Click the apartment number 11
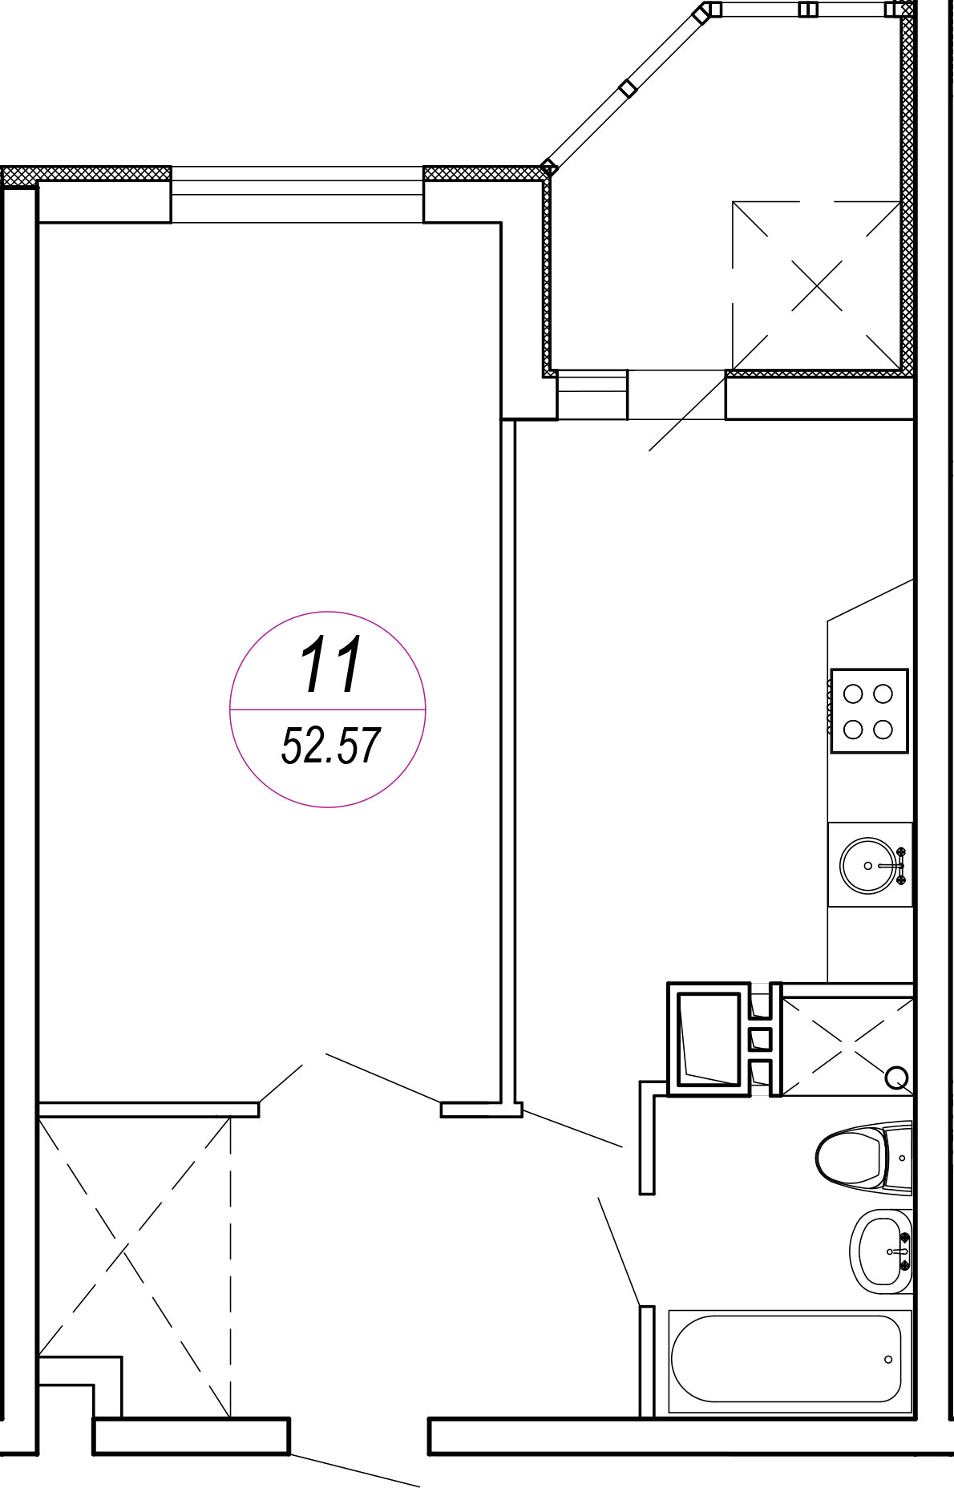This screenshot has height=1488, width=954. click(331, 665)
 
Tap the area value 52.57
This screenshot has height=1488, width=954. click(330, 746)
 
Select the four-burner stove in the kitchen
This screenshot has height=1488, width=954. click(869, 711)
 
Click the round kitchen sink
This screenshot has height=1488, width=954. click(868, 865)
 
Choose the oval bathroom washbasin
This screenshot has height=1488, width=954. click(881, 1251)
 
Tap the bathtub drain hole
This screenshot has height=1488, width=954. click(888, 1360)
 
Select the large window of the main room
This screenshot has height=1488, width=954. click(297, 194)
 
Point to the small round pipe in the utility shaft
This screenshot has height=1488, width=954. click(897, 1078)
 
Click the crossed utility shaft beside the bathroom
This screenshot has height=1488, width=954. click(847, 1046)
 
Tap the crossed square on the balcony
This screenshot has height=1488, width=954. click(816, 285)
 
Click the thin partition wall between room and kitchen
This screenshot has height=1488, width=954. click(507, 762)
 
